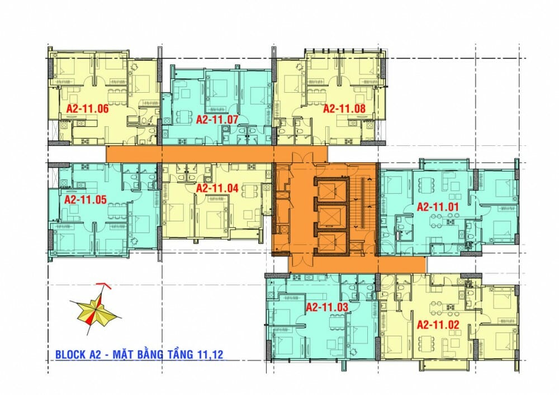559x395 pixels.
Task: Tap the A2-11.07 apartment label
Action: [217, 119]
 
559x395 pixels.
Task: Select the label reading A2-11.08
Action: [344, 108]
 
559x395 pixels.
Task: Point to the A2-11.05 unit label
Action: [86, 199]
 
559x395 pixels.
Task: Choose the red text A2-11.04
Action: [217, 188]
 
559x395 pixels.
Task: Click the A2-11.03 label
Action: [327, 307]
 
